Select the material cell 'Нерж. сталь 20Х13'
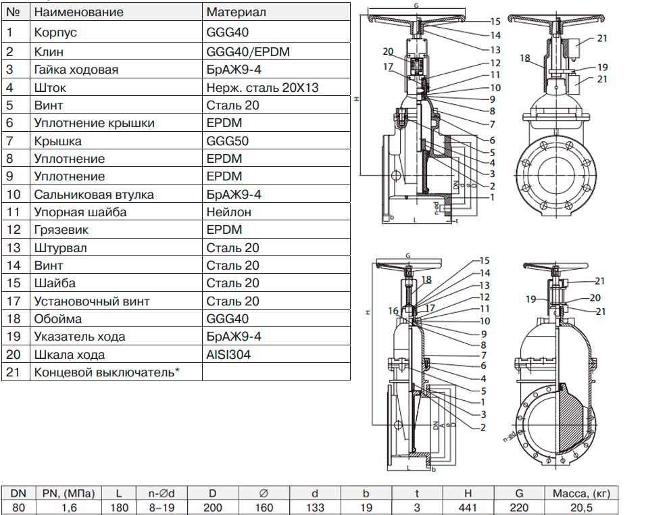pyautogui.click(x=262, y=87)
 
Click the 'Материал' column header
pyautogui.click(x=236, y=12)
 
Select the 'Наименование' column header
pyautogui.click(x=78, y=12)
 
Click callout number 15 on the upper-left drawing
pyautogui.click(x=495, y=22)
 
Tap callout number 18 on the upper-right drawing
pyautogui.click(x=525, y=58)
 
